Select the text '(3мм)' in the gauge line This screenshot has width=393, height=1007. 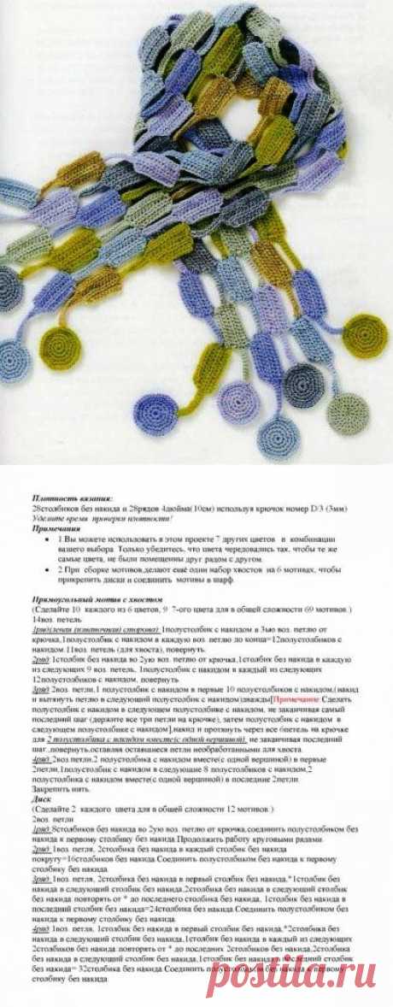point(335,508)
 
